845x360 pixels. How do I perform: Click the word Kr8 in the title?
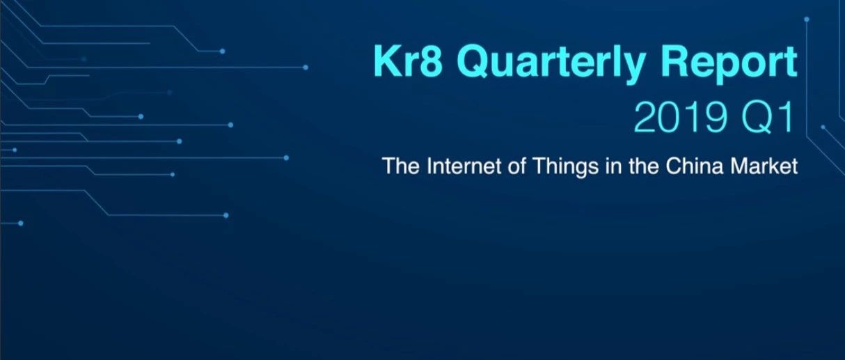(408, 61)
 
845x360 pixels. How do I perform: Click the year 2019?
(680, 118)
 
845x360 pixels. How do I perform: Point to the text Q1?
(767, 118)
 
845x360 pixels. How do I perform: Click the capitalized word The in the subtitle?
(401, 166)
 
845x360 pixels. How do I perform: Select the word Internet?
(464, 166)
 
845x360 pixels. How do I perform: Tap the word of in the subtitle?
(516, 166)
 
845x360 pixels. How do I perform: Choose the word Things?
(565, 167)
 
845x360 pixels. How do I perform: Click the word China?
(695, 166)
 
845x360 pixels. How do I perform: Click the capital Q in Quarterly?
(474, 63)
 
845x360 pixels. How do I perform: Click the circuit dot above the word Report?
(807, 19)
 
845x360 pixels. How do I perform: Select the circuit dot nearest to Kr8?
(306, 68)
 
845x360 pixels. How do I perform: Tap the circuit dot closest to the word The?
(286, 158)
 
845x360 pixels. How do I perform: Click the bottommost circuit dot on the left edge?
(21, 224)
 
